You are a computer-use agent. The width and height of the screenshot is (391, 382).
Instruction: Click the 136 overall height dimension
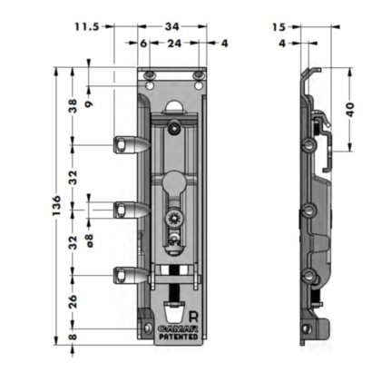pyautogui.click(x=56, y=205)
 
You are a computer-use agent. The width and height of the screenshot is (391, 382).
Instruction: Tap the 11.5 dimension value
pyautogui.click(x=87, y=27)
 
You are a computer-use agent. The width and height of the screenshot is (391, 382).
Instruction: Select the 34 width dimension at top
pyautogui.click(x=172, y=27)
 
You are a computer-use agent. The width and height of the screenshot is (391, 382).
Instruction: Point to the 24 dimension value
pyautogui.click(x=174, y=44)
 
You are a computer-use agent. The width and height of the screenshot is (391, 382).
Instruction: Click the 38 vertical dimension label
pyautogui.click(x=73, y=106)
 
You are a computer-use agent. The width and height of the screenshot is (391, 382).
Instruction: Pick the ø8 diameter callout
pyautogui.click(x=90, y=240)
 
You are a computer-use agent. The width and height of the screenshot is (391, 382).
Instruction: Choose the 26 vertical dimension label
pyautogui.click(x=73, y=301)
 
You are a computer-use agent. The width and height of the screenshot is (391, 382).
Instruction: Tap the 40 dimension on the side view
pyautogui.click(x=350, y=110)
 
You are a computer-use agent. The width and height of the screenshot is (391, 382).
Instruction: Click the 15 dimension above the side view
pyautogui.click(x=279, y=27)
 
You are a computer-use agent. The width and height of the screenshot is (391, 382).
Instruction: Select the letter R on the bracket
pyautogui.click(x=193, y=317)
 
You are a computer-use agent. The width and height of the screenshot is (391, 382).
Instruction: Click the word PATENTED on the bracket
pyautogui.click(x=179, y=337)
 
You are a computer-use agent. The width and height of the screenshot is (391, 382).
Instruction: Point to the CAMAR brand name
pyautogui.click(x=178, y=328)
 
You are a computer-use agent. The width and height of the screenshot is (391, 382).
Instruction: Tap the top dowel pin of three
pyautogui.click(x=132, y=145)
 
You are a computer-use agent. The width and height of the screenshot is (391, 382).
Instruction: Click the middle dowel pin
pyautogui.click(x=132, y=210)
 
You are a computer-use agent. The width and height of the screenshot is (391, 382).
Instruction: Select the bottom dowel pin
pyautogui.click(x=132, y=275)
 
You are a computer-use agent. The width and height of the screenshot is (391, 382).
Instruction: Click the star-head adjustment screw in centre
pyautogui.click(x=174, y=219)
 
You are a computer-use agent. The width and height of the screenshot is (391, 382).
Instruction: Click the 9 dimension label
pyautogui.click(x=89, y=104)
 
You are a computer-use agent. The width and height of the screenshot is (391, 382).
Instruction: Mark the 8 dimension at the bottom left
pyautogui.click(x=73, y=337)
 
